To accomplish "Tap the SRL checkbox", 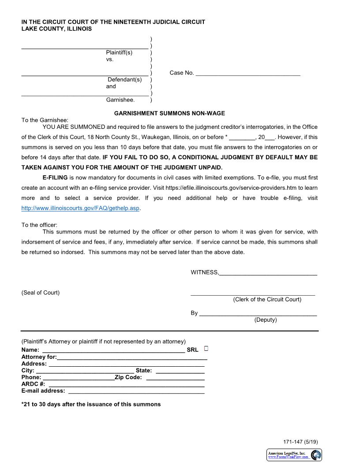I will [206, 349].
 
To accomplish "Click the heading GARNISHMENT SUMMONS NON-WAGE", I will [169, 113].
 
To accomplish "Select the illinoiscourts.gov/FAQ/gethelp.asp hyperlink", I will [80, 208].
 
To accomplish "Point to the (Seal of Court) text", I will [41, 293].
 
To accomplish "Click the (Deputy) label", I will [266, 320].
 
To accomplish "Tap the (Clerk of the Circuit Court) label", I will [267, 300].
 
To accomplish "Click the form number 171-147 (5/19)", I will [300, 442].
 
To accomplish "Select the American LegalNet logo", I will [294, 455].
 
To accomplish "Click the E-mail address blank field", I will [136, 391].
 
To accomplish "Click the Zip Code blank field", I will [175, 378].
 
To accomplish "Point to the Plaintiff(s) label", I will [119, 53].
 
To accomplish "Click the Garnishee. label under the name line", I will [120, 100].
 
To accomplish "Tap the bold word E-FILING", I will [55, 178].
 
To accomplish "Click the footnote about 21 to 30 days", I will [91, 404].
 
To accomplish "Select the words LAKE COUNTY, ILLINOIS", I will [56, 29].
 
